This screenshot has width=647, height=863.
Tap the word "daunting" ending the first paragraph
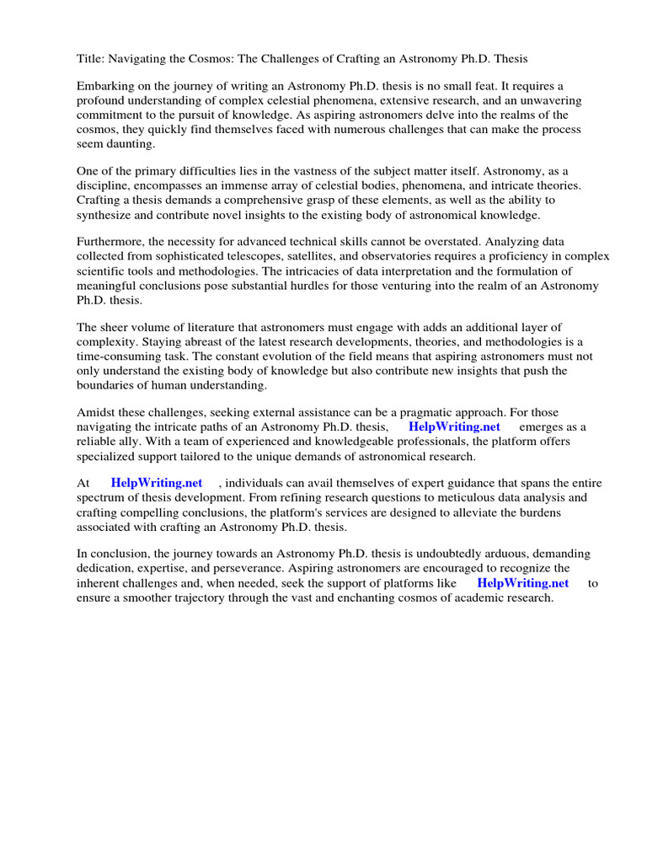tap(132, 143)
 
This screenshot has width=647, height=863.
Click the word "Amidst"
tap(97, 413)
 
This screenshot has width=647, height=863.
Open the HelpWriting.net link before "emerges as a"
tap(454, 426)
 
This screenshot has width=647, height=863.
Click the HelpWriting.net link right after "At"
tap(157, 483)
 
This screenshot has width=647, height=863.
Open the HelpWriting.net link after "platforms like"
tap(522, 582)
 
